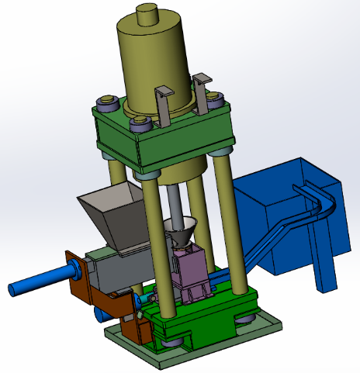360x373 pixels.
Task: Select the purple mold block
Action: click(x=191, y=268)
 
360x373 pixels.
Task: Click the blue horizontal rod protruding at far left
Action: click(x=39, y=281)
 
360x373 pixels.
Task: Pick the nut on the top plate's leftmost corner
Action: click(x=106, y=102)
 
